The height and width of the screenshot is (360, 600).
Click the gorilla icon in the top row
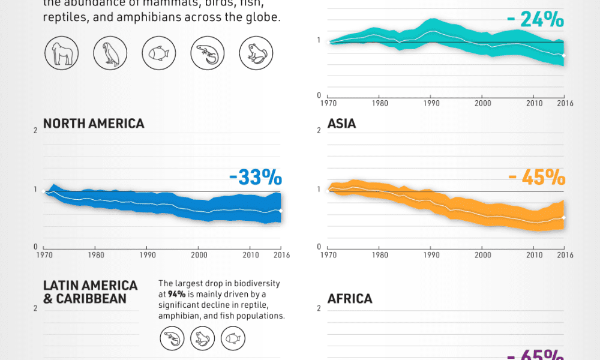(62, 54)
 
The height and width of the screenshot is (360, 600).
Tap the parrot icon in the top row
(110, 54)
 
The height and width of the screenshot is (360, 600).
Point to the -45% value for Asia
(536, 178)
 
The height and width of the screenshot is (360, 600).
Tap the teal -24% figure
(535, 20)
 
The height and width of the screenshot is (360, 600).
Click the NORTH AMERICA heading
(94, 124)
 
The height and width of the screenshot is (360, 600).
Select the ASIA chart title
(341, 124)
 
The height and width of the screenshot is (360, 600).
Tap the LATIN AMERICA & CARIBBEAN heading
(90, 292)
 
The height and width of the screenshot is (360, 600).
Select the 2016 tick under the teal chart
(565, 103)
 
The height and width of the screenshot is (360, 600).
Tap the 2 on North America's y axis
(36, 130)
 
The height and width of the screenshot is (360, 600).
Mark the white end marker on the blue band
(280, 211)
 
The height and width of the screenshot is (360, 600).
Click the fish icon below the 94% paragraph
(233, 339)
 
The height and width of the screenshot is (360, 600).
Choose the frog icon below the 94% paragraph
(202, 339)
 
